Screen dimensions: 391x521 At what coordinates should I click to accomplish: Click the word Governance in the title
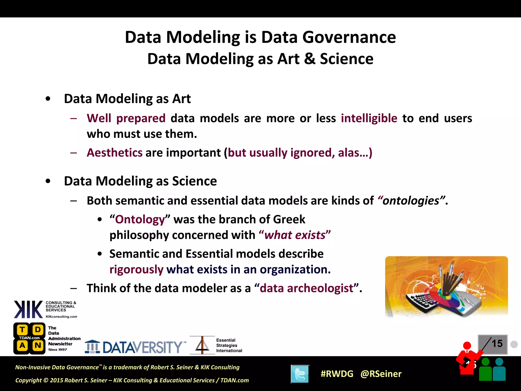tap(349, 37)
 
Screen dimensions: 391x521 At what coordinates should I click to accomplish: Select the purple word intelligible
tap(369, 118)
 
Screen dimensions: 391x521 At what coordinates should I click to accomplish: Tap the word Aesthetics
tap(114, 153)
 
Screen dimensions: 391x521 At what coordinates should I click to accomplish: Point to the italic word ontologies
tap(411, 201)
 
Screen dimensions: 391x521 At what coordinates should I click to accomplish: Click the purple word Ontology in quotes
tap(140, 219)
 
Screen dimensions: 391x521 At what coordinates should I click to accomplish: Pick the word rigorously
tap(136, 269)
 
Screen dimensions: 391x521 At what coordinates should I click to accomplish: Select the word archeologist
tap(320, 288)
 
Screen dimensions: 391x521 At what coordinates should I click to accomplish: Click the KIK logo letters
tap(28, 310)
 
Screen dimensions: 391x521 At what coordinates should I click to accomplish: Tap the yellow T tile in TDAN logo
tap(22, 330)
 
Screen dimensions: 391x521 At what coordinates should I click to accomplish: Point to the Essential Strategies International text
tap(229, 345)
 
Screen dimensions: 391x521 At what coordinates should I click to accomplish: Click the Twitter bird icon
tap(300, 374)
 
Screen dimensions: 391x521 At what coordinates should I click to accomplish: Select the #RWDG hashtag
tap(337, 374)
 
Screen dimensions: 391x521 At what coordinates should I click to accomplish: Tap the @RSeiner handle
tap(381, 374)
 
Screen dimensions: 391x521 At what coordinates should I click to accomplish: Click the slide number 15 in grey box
tap(497, 344)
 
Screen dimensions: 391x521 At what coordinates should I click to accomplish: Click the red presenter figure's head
tap(467, 345)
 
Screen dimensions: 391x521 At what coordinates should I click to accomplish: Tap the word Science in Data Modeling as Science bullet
tap(194, 181)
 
